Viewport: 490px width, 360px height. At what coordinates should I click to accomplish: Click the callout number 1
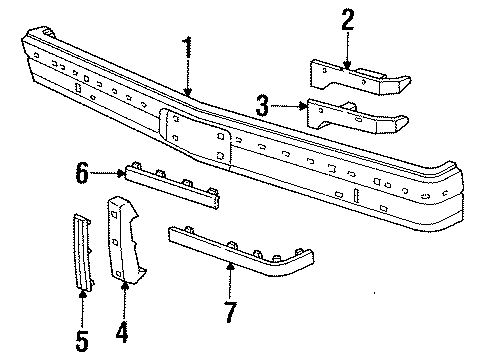pos(186,49)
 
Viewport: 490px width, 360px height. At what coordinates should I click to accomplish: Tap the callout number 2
pos(347,20)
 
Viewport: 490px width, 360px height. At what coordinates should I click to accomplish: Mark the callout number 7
pos(231,312)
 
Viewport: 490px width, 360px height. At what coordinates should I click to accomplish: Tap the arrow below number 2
pos(347,54)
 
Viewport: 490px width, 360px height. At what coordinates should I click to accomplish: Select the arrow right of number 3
pos(290,105)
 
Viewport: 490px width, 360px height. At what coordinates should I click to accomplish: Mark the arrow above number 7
pos(231,277)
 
